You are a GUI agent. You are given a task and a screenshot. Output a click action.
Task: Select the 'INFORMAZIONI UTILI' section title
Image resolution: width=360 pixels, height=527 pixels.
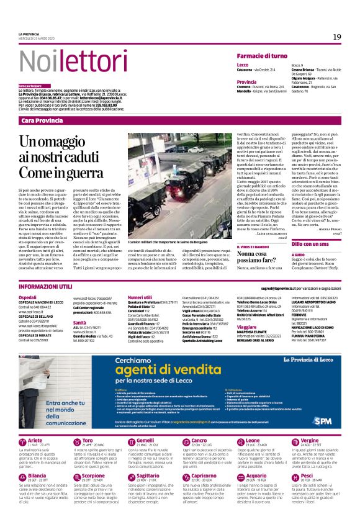point(47,289)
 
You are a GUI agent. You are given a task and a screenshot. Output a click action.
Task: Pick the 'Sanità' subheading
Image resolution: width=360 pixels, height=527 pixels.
point(79,323)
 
